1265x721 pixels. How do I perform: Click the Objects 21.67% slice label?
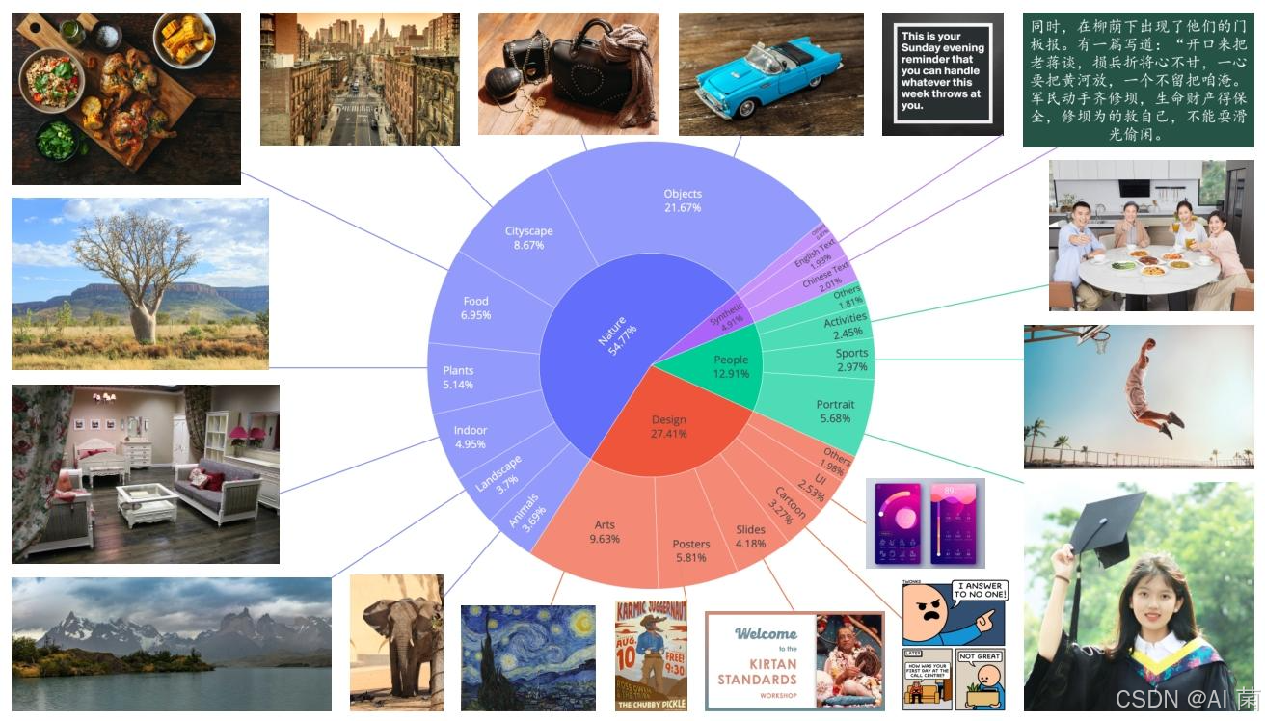[683, 200]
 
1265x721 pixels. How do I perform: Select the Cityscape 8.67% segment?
[528, 238]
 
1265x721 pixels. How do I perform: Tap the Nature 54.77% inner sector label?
[617, 334]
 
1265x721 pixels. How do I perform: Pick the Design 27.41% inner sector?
[668, 426]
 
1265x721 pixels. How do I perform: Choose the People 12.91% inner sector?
[731, 366]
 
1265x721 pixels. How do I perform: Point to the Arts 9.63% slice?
[605, 532]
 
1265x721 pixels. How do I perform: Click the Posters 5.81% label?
[690, 550]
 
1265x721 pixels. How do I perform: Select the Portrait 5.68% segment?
[834, 411]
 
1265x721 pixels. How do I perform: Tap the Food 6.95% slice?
[476, 308]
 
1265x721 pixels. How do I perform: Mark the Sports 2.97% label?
[851, 360]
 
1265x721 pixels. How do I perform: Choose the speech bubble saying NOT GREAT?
[980, 656]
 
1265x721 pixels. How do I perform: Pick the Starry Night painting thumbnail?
[527, 657]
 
